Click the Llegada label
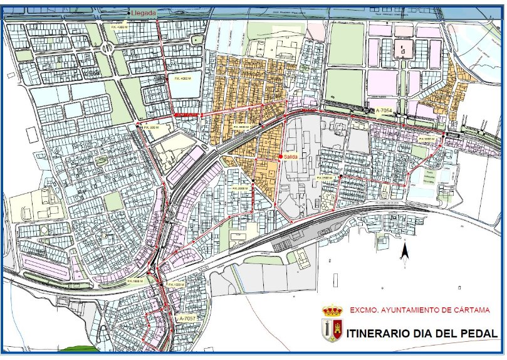[144, 12]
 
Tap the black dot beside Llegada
[128, 13]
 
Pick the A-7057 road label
[187, 319]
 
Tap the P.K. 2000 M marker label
[241, 188]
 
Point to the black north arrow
[405, 251]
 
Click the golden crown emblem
[332, 310]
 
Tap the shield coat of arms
[332, 331]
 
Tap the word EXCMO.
[362, 310]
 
